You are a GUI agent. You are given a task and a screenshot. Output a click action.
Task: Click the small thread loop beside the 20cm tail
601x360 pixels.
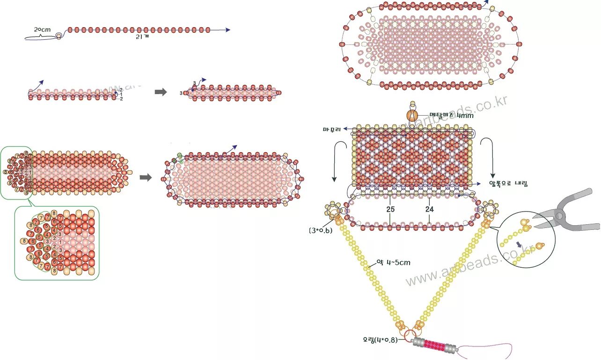coord(59,36)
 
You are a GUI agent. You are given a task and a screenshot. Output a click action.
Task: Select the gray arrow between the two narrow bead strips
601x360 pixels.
coord(161,92)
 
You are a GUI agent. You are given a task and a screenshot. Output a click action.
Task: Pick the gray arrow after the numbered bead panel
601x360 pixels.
coord(146,177)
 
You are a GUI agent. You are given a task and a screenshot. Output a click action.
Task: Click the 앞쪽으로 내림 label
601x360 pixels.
coord(508,184)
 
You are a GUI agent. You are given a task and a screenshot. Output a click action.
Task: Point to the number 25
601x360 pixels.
coord(390,209)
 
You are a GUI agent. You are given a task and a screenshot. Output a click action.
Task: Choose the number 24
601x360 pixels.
coord(429,209)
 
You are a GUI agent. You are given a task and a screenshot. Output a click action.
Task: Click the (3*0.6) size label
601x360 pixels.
coord(320,230)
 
